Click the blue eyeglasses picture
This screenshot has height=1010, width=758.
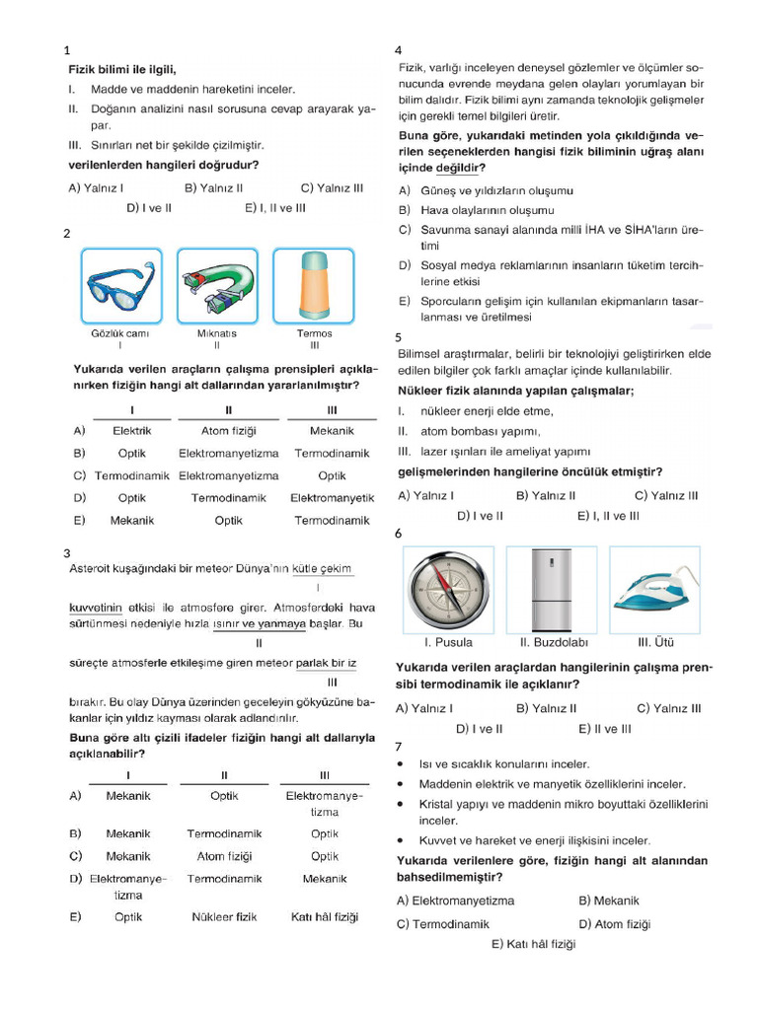point(120,285)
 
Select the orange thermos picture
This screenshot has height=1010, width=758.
point(313,285)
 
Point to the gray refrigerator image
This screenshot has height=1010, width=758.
point(552,589)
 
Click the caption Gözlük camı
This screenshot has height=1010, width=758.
point(120,333)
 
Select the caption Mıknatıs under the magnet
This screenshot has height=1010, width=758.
point(216,333)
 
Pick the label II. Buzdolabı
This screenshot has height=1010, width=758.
point(554,642)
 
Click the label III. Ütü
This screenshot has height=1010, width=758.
point(656,642)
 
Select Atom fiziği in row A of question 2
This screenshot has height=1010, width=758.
point(229,431)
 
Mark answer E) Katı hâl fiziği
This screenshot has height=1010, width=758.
point(533,944)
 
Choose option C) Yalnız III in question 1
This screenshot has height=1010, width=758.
point(333,187)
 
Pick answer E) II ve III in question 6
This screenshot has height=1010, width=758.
point(604,729)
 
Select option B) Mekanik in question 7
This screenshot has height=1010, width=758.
point(609,901)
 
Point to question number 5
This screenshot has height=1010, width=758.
point(398,337)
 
